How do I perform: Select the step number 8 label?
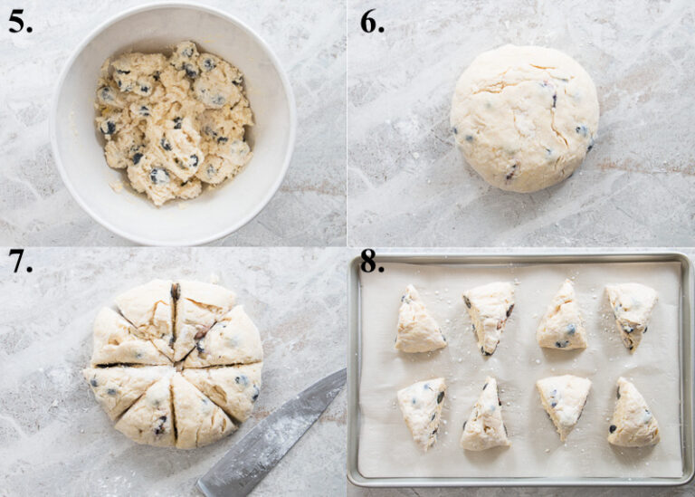coord(372,262)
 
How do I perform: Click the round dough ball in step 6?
coord(524,118)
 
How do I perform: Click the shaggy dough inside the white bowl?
coord(173,121)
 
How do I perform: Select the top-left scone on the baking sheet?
coord(418,322)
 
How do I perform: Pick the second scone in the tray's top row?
coord(490,315)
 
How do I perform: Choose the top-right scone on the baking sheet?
coord(631,313)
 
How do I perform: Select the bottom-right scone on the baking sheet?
coord(633,416)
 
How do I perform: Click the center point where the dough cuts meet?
coord(174,362)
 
